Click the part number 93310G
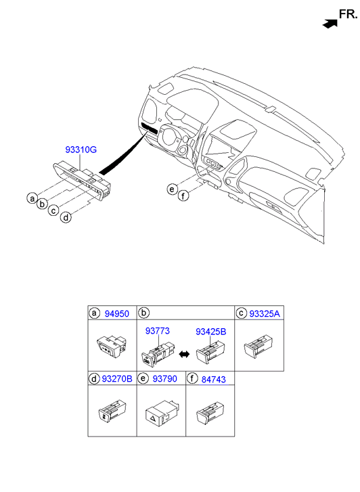[x=81, y=150]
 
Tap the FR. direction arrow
[x=330, y=24]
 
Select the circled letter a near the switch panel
[x=32, y=198]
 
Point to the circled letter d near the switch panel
[x=66, y=217]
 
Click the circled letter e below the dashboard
[x=172, y=189]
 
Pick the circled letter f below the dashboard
[x=183, y=196]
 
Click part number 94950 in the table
[x=117, y=314]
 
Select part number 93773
[x=157, y=331]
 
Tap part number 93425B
[x=210, y=332]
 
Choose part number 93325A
[x=265, y=314]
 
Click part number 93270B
[x=117, y=379]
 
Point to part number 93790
[x=165, y=379]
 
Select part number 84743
[x=213, y=380]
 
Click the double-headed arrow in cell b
[x=184, y=354]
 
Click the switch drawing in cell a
[x=112, y=346]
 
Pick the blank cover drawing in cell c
[x=258, y=346]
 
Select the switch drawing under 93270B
[x=112, y=410]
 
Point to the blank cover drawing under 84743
[x=210, y=412]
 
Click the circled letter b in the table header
[x=143, y=313]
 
